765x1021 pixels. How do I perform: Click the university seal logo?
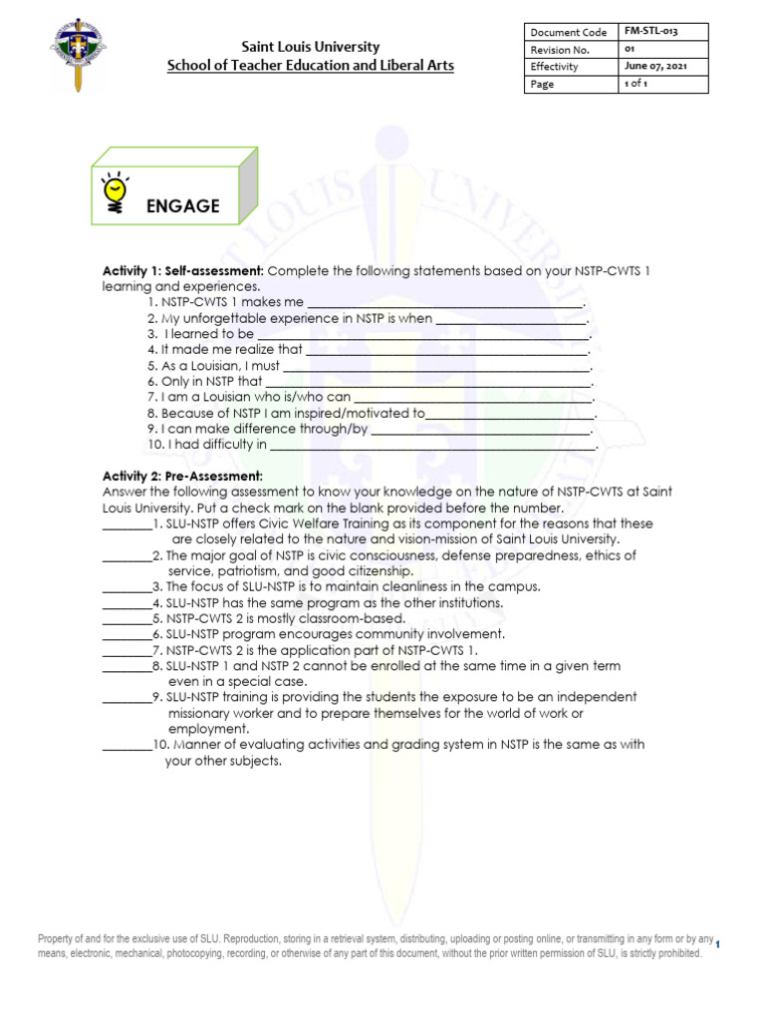79,54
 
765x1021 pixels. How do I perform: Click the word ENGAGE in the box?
182,206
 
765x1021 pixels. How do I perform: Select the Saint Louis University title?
311,47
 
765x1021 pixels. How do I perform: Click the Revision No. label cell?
561,50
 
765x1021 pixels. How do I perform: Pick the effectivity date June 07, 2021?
655,67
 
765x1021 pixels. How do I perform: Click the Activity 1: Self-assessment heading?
183,271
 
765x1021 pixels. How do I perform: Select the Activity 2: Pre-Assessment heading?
182,476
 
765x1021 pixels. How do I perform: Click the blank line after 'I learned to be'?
423,336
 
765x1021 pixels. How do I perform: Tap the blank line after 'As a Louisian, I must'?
437,368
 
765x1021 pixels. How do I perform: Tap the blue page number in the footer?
718,944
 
